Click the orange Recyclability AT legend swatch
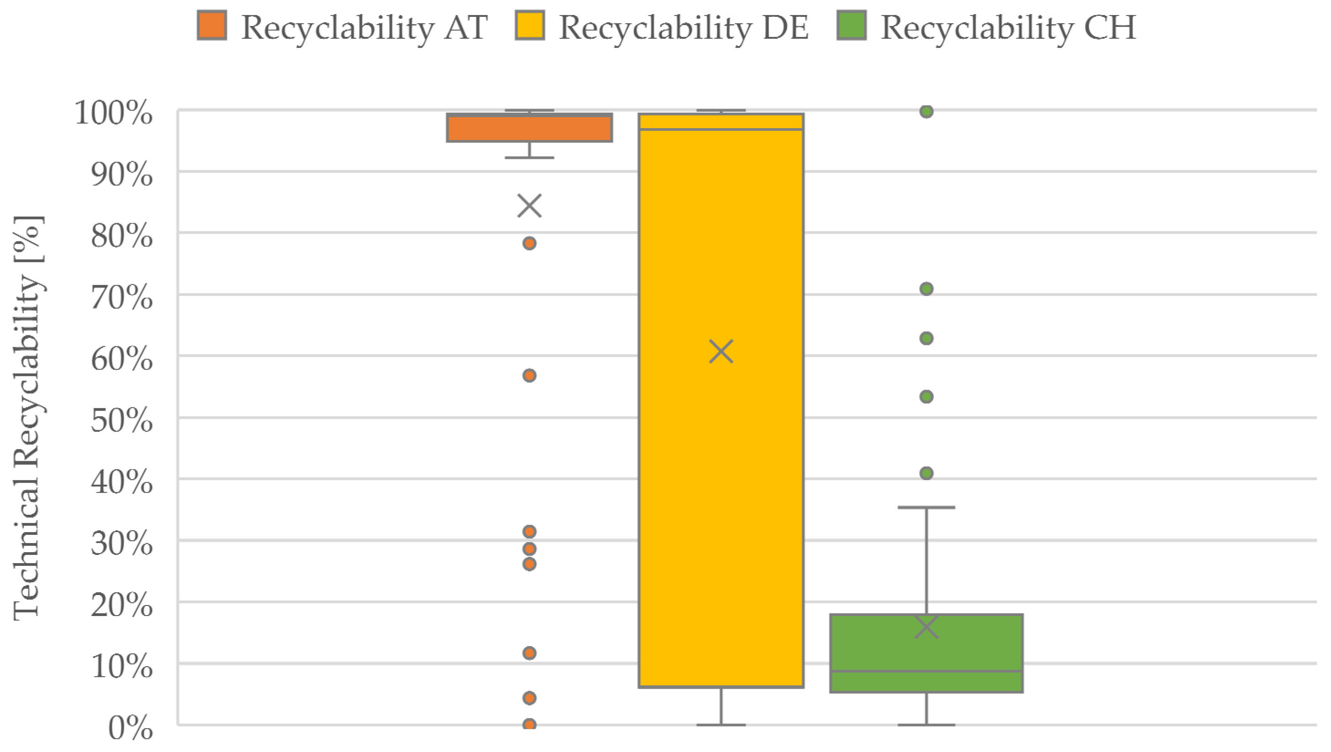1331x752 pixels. pos(212,25)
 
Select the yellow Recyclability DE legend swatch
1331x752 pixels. pos(530,25)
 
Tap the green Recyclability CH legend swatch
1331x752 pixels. pos(851,25)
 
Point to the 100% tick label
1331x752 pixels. pos(114,112)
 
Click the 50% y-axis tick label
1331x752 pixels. pos(122,420)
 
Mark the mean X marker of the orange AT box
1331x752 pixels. pos(530,206)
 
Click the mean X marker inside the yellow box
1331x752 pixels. pos(721,351)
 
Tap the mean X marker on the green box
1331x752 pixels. pos(926,627)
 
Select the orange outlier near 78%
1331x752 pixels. pos(530,243)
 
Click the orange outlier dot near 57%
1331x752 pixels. pos(530,375)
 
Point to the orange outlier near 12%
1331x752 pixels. pos(530,653)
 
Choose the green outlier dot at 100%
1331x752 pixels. pos(926,111)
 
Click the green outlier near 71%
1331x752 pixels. pos(926,289)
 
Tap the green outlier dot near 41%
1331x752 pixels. pos(926,473)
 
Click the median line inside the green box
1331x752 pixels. pos(926,671)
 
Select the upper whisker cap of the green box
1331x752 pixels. pos(926,507)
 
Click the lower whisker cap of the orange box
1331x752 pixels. pos(530,157)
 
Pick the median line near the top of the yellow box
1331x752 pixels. pos(721,129)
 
